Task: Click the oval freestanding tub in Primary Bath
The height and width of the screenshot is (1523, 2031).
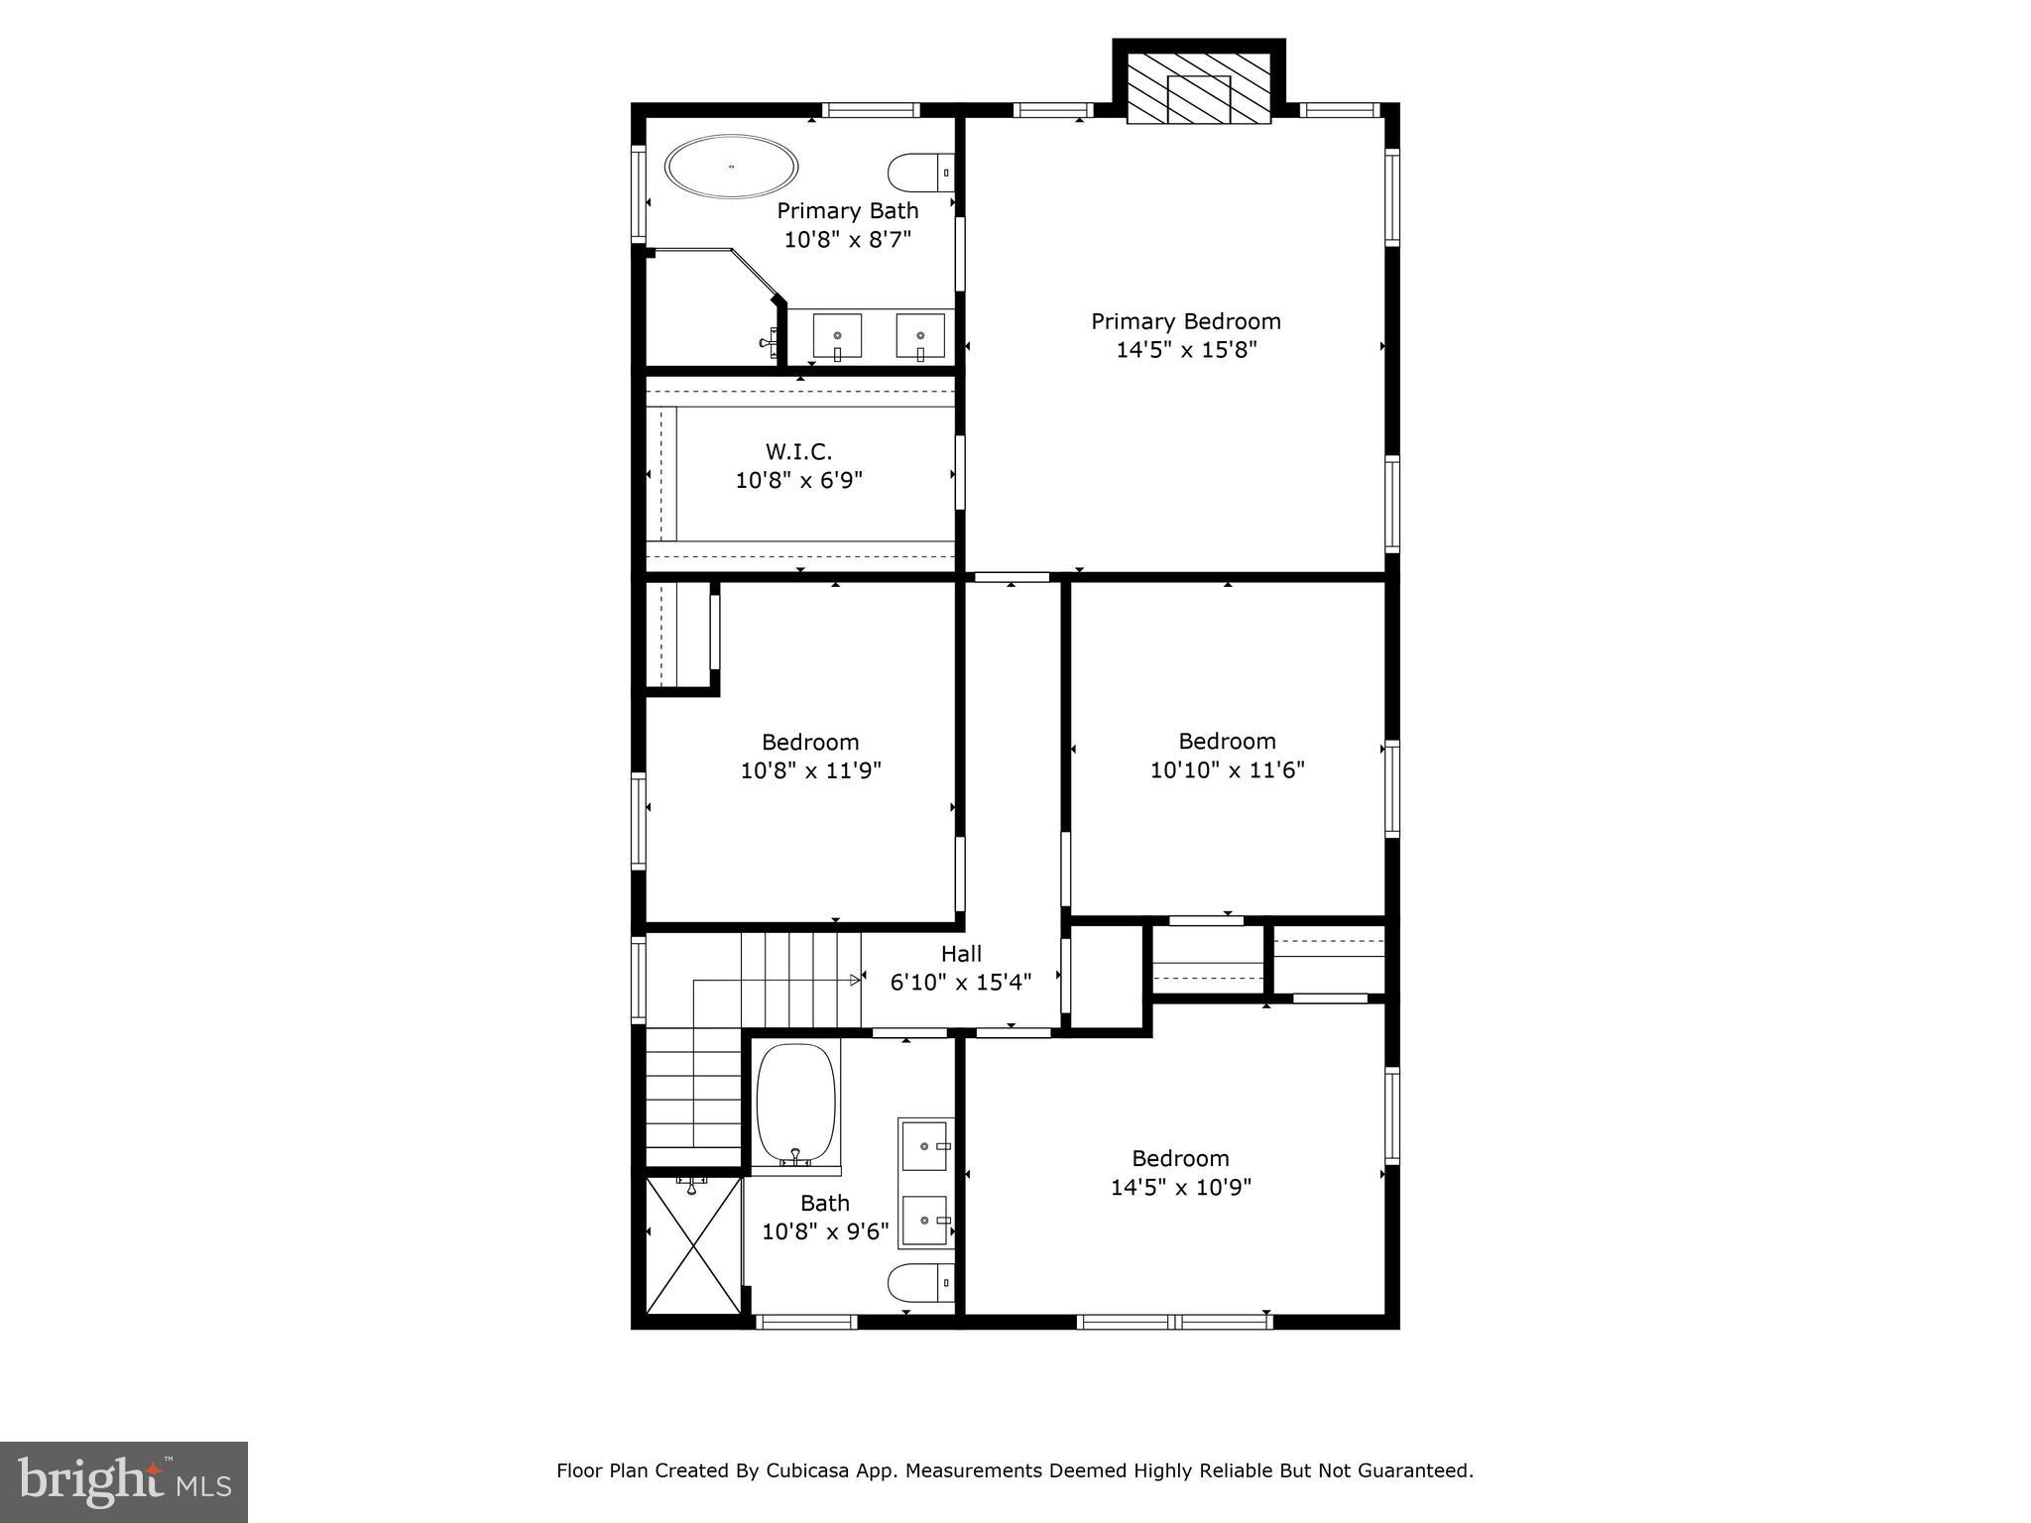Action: (x=731, y=167)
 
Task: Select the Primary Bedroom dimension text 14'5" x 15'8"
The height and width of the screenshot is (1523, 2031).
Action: (x=1186, y=350)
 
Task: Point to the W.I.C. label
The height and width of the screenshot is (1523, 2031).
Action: (x=798, y=452)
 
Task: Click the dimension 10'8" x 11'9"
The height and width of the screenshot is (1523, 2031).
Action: (x=810, y=770)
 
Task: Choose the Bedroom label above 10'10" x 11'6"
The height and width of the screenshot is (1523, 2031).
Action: (x=1227, y=742)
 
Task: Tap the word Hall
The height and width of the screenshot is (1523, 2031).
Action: (x=961, y=954)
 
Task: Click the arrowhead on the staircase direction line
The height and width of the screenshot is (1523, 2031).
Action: (x=855, y=981)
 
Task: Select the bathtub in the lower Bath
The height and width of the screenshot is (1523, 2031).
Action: (x=795, y=1103)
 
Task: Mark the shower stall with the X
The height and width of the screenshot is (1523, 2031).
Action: (x=692, y=1247)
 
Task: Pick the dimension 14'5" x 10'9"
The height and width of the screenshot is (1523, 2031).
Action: (x=1180, y=1188)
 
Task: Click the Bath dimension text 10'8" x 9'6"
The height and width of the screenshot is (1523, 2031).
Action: (x=825, y=1231)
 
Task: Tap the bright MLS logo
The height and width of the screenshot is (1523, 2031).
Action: (x=123, y=1481)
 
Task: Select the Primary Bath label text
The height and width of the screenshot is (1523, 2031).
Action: (x=847, y=211)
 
